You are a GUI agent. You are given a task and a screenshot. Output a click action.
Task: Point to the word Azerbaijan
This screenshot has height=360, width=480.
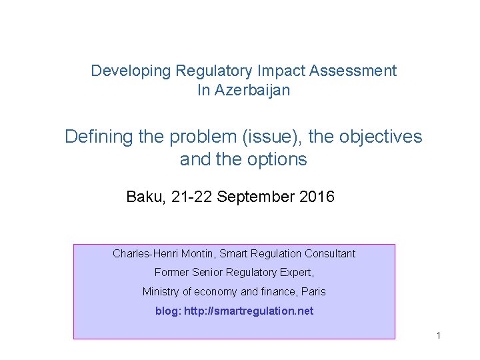click(252, 90)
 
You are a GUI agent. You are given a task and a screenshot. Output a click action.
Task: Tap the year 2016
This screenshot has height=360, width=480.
click(317, 197)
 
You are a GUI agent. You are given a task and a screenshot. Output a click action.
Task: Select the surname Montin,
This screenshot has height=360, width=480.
click(196, 253)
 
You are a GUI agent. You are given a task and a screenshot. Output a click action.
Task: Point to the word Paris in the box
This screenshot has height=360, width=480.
click(313, 291)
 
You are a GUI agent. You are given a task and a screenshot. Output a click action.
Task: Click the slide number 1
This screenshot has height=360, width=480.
click(438, 335)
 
